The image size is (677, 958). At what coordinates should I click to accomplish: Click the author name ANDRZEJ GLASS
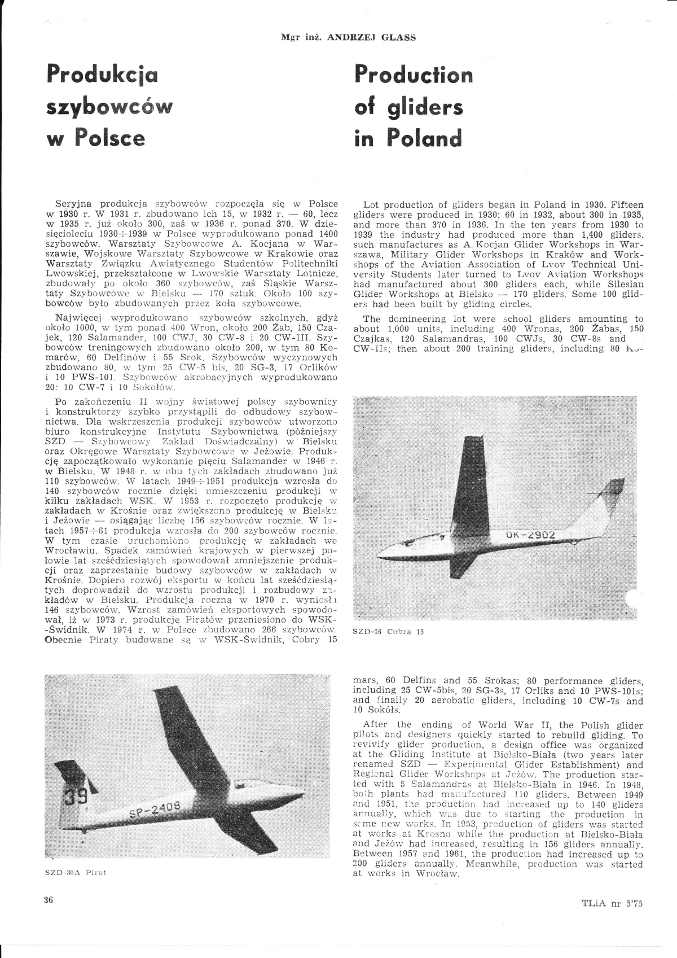(371, 37)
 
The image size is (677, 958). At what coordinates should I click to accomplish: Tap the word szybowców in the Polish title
(108, 107)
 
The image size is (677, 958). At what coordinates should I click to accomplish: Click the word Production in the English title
(414, 75)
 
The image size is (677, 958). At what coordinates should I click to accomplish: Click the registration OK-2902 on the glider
(530, 535)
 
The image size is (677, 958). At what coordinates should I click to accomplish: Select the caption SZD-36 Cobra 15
(388, 632)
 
